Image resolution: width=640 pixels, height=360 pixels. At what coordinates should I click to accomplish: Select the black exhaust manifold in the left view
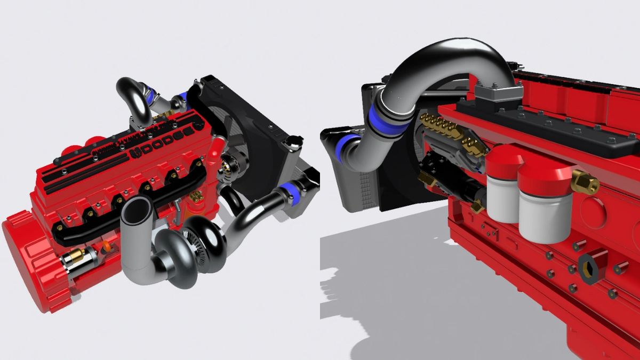click(x=133, y=205)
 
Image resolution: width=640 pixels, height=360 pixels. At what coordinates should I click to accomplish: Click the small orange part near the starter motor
click(x=106, y=246)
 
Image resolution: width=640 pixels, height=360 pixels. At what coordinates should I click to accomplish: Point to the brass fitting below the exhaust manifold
click(x=196, y=196)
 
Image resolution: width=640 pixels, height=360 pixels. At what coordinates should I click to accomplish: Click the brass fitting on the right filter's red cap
click(x=586, y=182)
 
